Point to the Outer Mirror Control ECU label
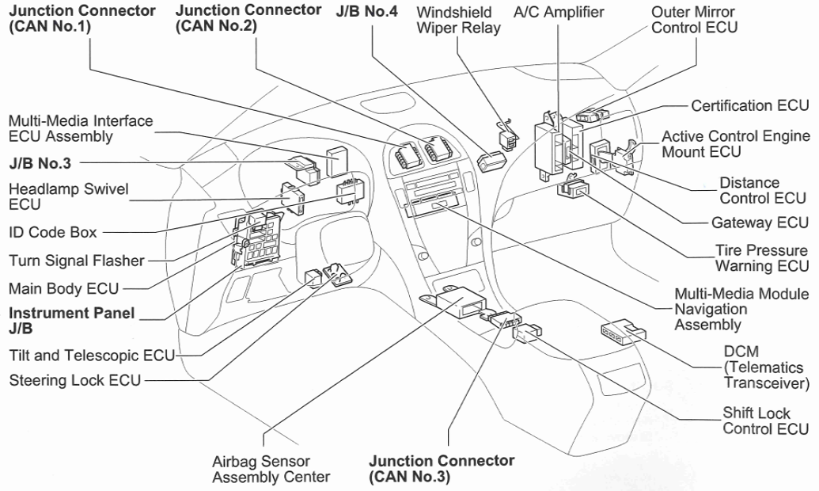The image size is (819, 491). point(694,20)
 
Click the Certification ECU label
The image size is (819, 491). point(749,105)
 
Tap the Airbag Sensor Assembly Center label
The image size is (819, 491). point(271,469)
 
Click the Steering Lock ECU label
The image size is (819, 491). point(75,380)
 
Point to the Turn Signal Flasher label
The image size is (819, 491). point(77,261)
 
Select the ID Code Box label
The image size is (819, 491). point(53,233)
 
